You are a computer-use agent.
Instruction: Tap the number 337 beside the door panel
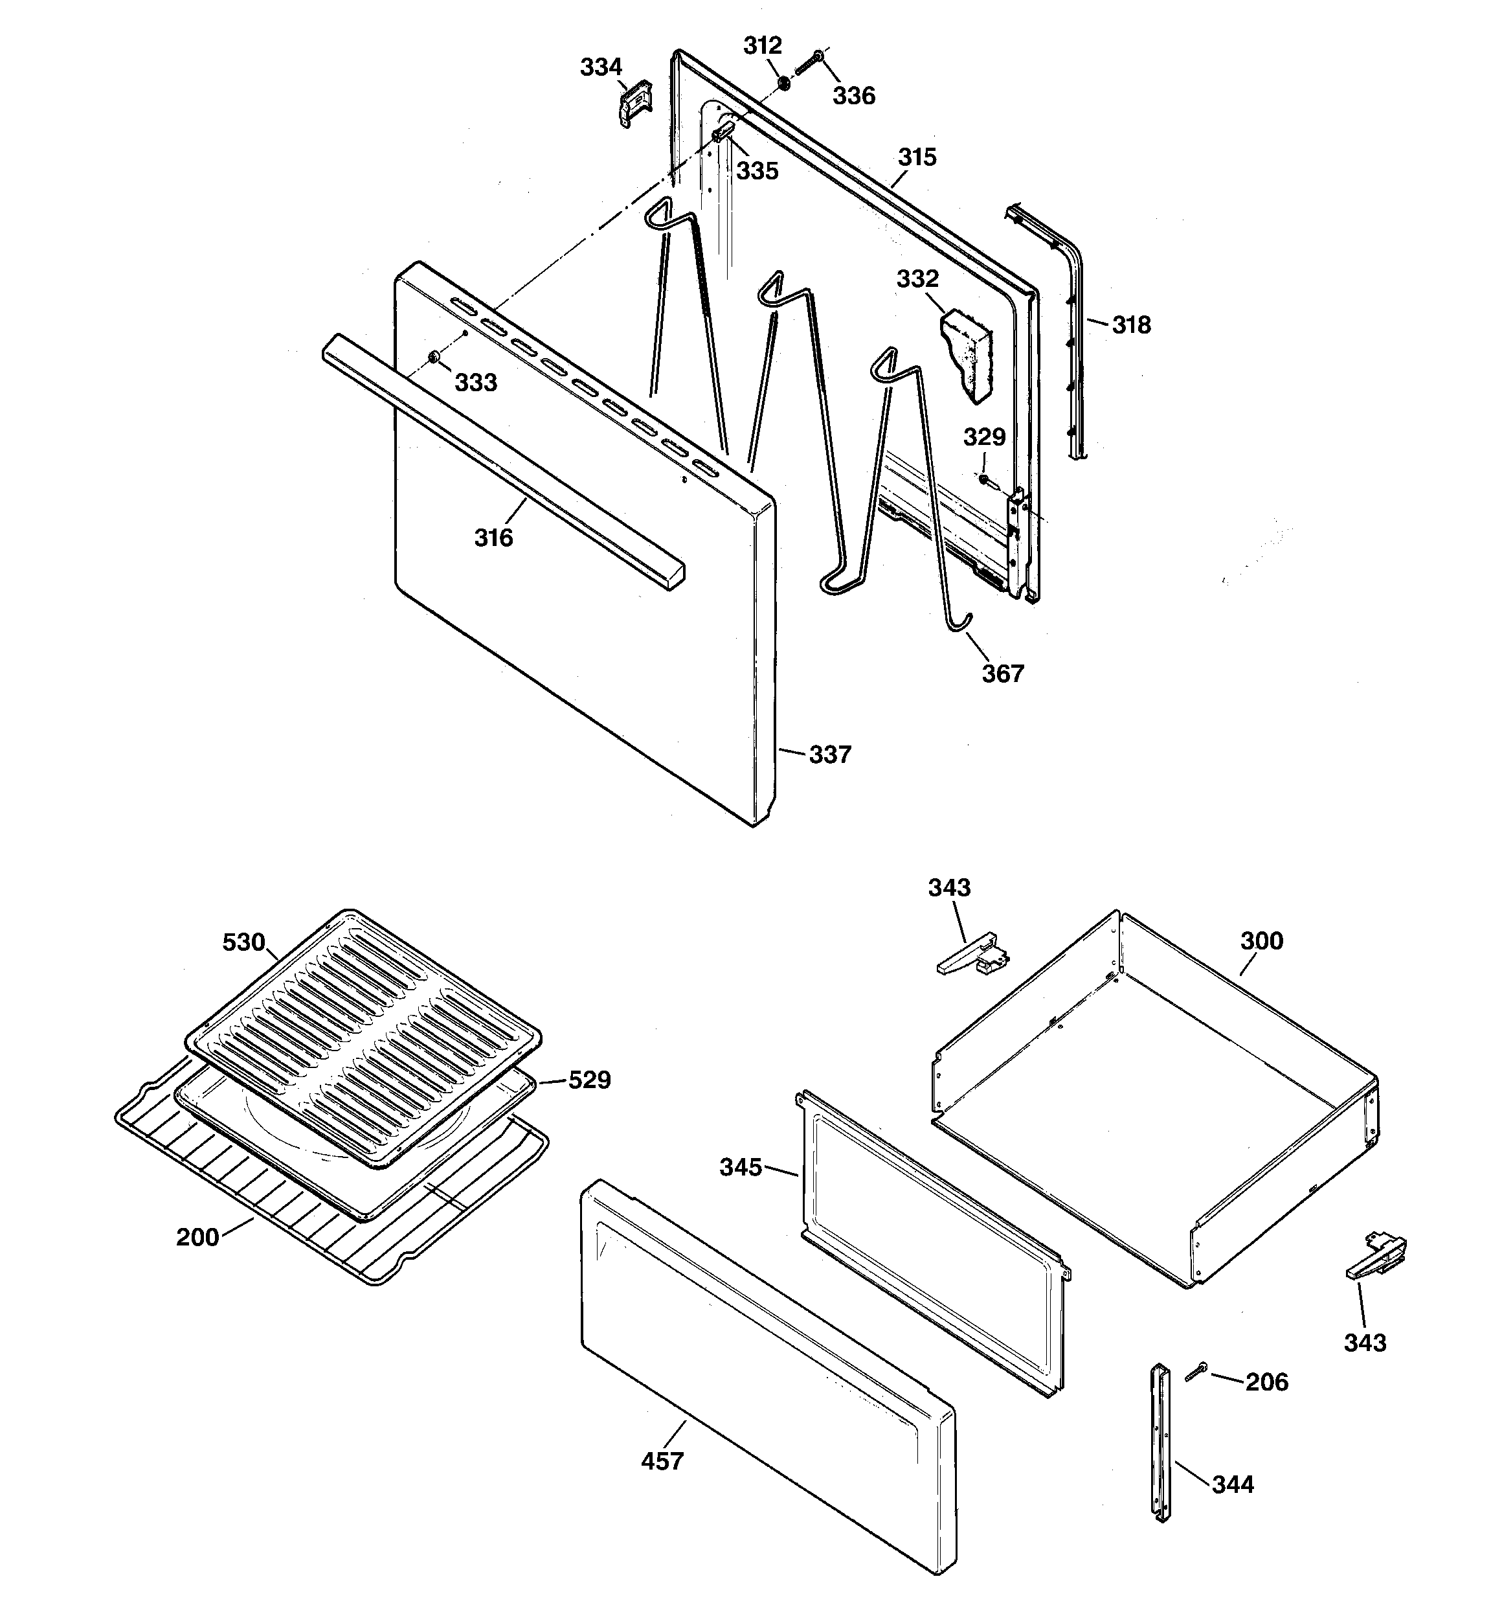829,755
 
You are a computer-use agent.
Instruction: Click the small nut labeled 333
434,356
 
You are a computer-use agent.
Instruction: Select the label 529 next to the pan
589,1080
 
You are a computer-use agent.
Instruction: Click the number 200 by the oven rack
197,1236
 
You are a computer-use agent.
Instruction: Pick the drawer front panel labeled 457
766,1370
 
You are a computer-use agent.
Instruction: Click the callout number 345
740,1166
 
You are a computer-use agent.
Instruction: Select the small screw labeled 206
1196,1372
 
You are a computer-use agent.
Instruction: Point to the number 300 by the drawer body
1261,940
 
